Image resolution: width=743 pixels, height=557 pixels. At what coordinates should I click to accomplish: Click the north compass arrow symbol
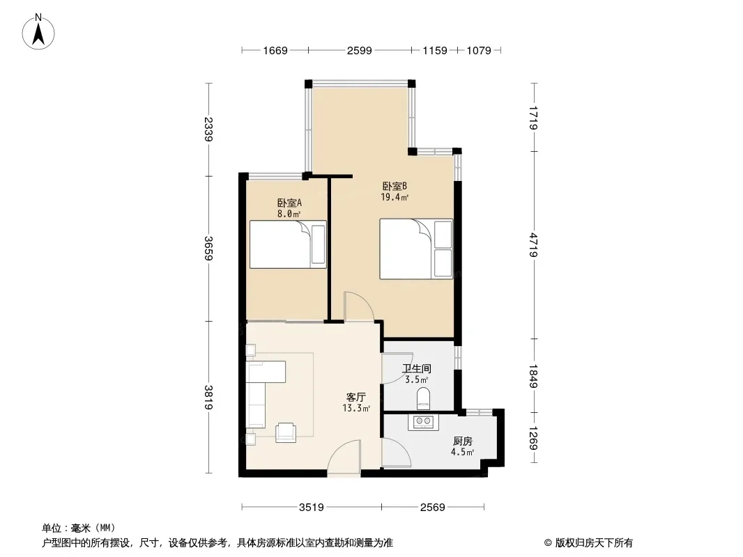click(38, 32)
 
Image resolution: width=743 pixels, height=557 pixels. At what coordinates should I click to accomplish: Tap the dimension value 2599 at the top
click(359, 50)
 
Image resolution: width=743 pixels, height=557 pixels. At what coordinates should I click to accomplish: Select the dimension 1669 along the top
click(275, 50)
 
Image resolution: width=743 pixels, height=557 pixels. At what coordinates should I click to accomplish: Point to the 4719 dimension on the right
click(534, 244)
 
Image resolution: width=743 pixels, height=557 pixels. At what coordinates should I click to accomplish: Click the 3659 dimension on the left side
click(209, 248)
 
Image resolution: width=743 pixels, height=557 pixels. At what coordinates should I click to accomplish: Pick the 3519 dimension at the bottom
click(312, 508)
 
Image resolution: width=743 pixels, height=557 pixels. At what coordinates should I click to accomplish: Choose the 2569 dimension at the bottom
click(433, 508)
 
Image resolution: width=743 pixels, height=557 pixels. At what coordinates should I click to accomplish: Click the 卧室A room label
click(289, 203)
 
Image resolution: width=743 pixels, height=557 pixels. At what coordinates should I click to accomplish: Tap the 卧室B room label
click(395, 187)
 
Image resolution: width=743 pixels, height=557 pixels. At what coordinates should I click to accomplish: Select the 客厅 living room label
click(356, 397)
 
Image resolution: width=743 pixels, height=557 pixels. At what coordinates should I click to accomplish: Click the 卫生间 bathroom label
click(417, 368)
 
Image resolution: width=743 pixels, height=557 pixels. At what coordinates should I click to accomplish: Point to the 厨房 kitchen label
click(463, 441)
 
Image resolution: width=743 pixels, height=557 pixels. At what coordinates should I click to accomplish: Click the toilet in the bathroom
click(423, 398)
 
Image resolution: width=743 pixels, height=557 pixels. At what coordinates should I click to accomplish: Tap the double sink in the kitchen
click(423, 422)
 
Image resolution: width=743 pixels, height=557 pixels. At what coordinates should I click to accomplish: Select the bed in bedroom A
click(288, 244)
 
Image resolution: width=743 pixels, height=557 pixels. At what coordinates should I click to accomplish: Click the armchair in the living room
click(286, 432)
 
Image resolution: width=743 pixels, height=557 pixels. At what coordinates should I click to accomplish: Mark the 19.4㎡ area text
click(395, 197)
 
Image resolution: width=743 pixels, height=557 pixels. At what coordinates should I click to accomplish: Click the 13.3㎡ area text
click(356, 408)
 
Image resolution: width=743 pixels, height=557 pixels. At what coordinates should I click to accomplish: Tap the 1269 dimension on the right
click(534, 439)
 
